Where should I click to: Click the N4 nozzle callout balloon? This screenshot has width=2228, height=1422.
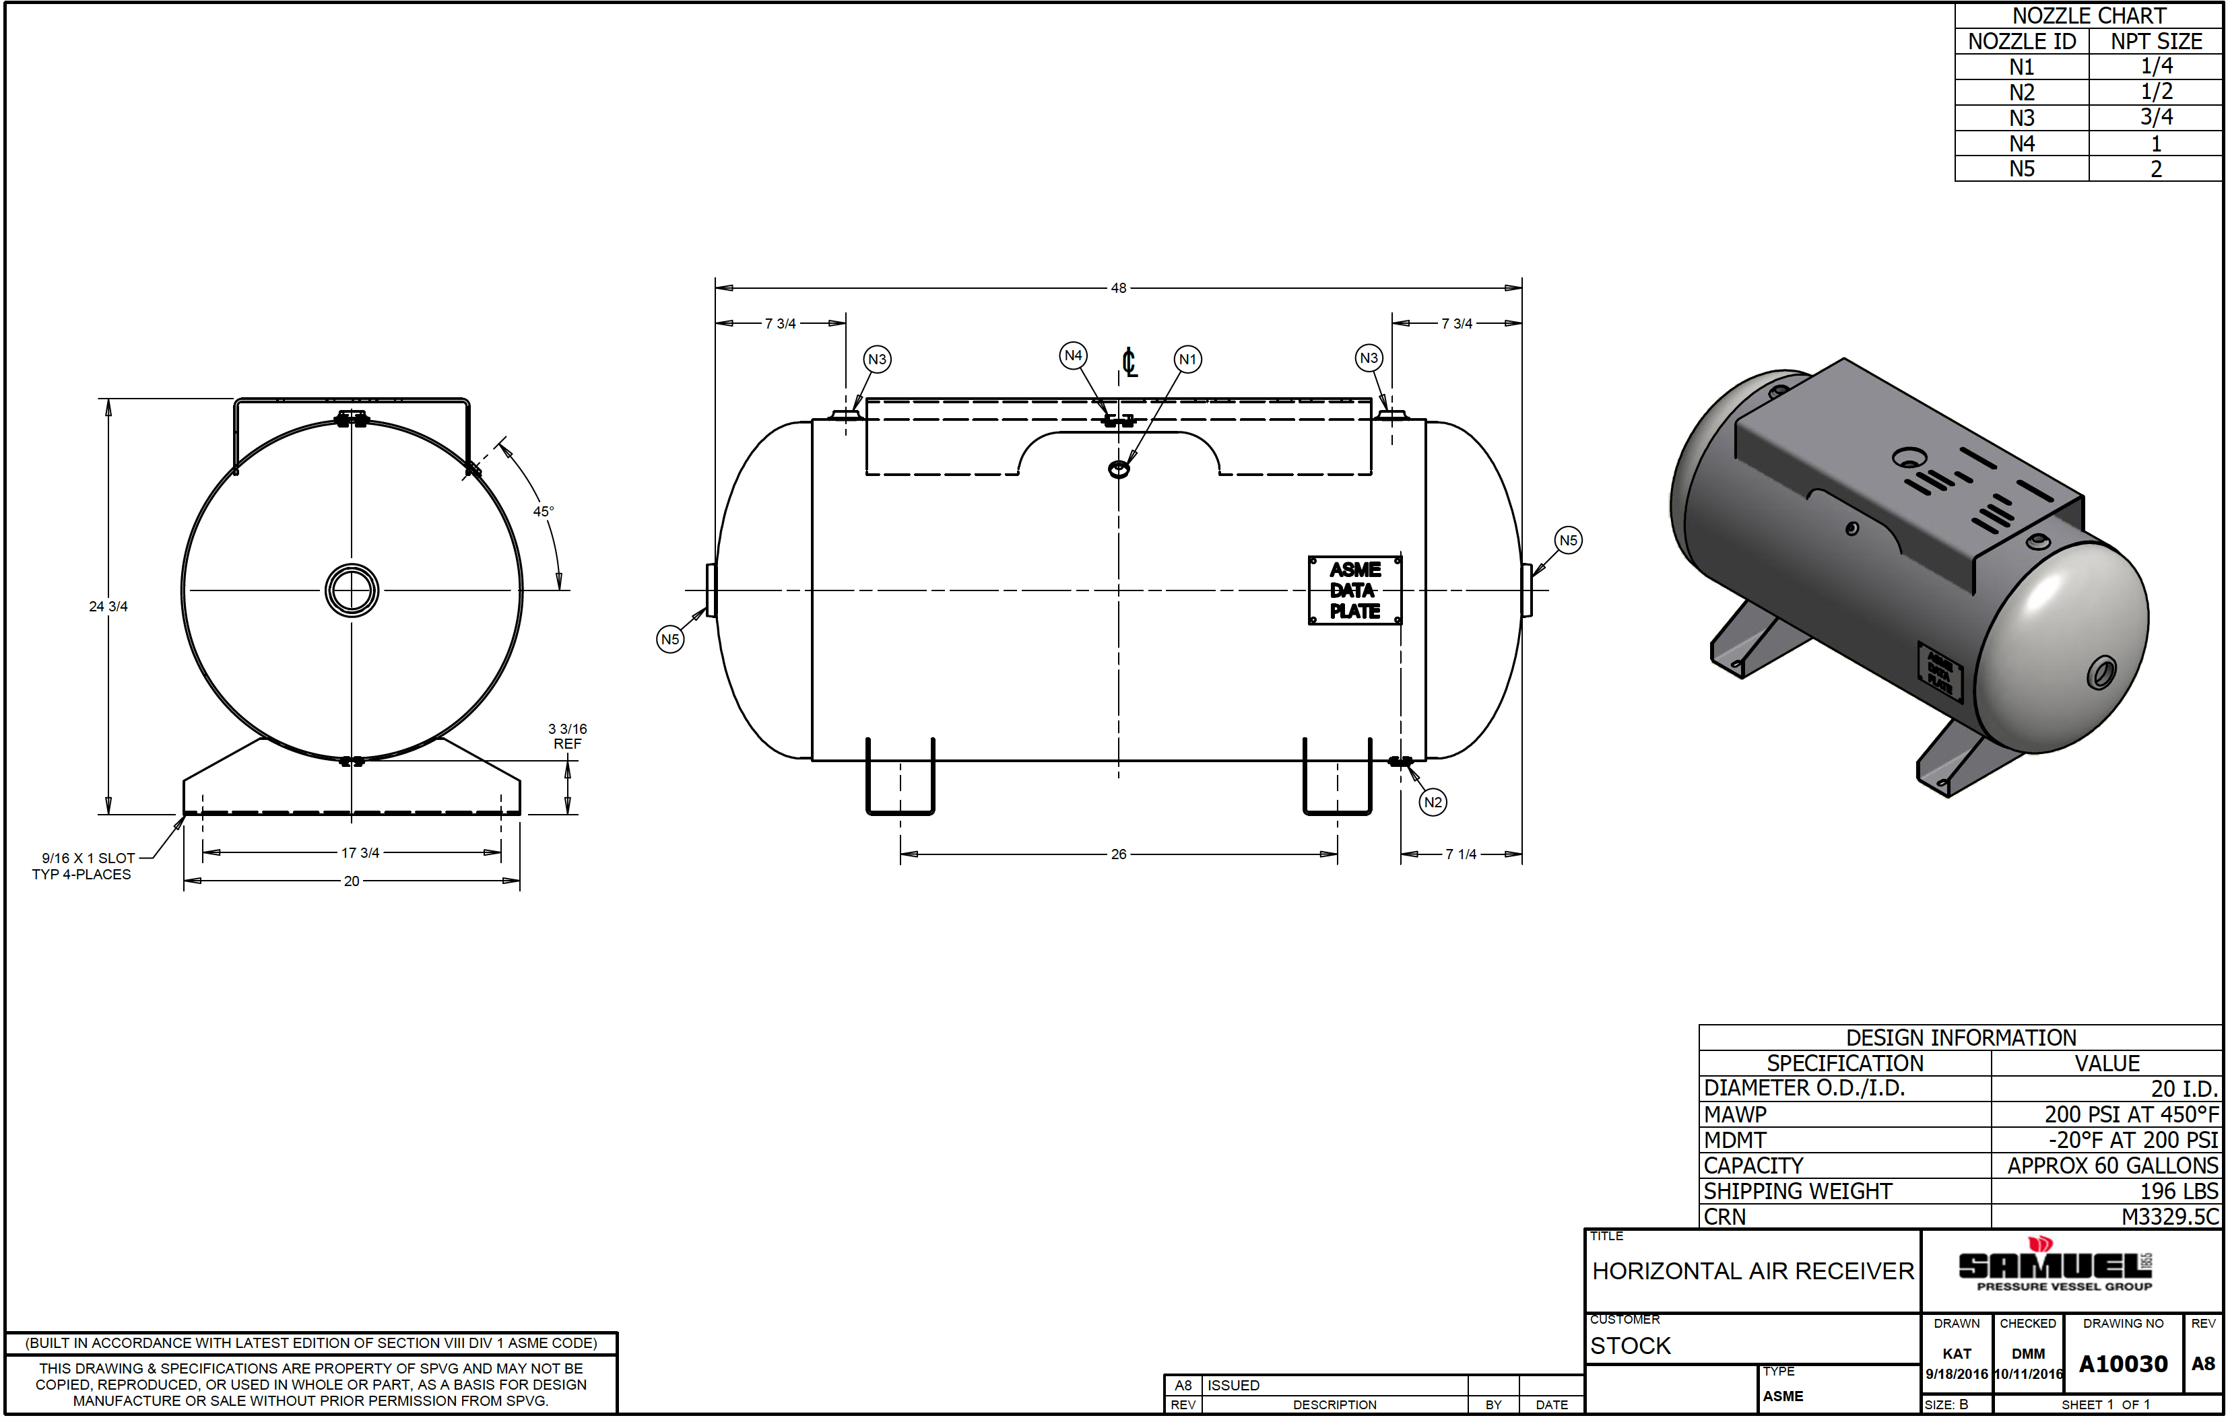coord(1074,355)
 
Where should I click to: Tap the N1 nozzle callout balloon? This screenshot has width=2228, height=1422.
coord(1188,359)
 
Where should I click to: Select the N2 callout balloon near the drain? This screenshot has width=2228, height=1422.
coord(1433,802)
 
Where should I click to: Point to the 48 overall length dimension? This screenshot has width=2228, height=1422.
coord(1119,287)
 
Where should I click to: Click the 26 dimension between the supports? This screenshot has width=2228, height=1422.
coord(1119,854)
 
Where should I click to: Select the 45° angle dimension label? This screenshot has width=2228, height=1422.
coord(543,511)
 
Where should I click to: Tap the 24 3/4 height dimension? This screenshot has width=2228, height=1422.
coord(108,606)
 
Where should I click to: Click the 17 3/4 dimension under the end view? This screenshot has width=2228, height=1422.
coord(360,852)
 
